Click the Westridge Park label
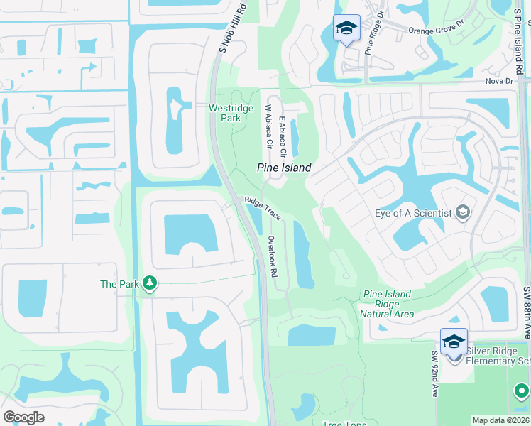point(226,113)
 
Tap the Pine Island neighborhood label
point(284,168)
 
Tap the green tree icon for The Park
point(150,284)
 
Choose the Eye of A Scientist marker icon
point(463,212)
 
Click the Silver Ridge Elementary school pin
point(454,342)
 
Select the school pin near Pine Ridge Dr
point(346,28)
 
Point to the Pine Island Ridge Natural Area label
point(387,304)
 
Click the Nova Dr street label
point(498,80)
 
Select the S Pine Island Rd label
point(520,39)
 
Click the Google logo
point(23,417)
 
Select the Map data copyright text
point(501,420)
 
